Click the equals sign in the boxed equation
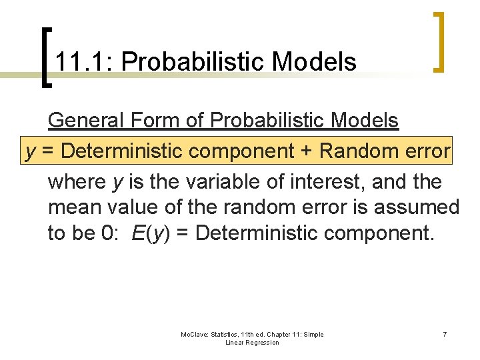49,151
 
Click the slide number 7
445,334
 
